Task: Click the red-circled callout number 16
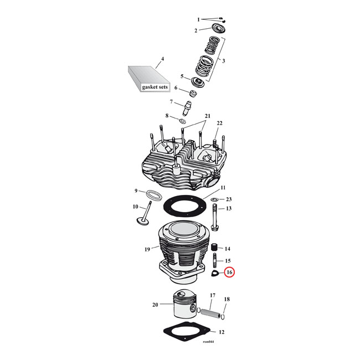(x=230, y=272)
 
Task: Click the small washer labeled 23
(x=214, y=199)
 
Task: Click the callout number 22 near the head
(x=219, y=123)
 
